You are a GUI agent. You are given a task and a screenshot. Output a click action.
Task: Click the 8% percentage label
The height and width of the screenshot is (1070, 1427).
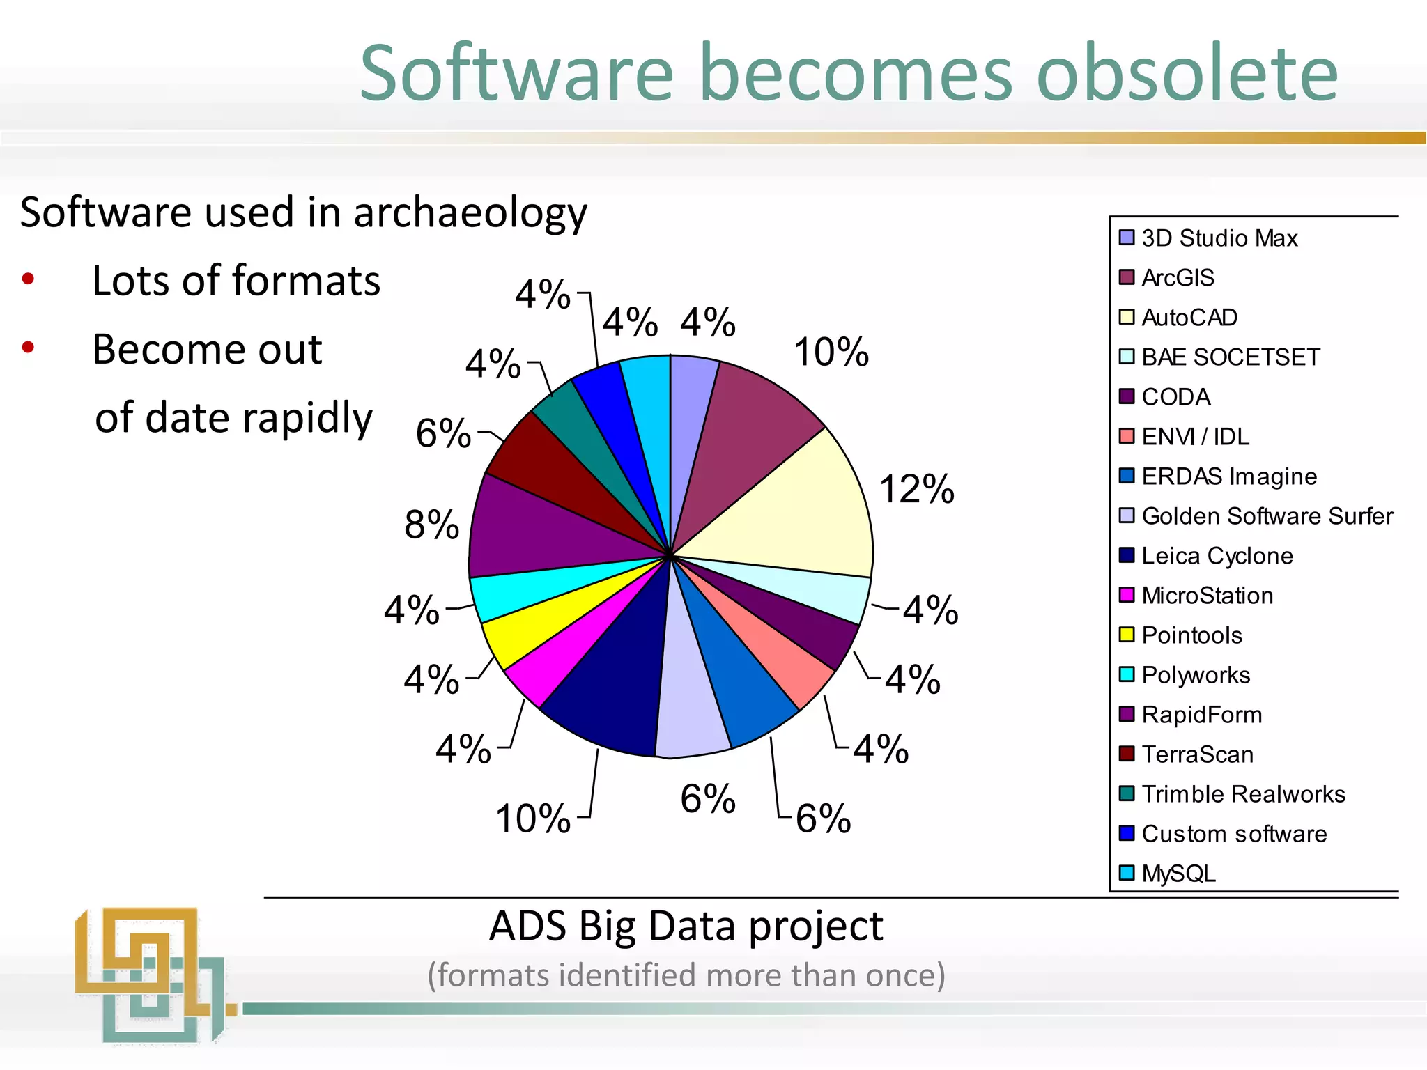(431, 525)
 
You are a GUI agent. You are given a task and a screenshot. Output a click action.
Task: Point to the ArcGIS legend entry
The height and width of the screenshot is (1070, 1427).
(1178, 278)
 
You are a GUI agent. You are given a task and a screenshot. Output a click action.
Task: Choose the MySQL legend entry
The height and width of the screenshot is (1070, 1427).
(1178, 874)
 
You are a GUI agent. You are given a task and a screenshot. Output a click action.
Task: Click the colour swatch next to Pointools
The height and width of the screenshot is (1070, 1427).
(1126, 635)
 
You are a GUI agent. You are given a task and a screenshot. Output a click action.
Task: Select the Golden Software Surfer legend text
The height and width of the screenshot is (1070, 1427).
(1267, 516)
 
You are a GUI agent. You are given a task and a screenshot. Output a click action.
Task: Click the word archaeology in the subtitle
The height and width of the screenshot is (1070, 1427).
(470, 212)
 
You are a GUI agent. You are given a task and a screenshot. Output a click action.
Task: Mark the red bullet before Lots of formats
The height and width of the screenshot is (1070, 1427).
(28, 280)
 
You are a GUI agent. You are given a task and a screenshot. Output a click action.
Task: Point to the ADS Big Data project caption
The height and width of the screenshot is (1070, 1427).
(686, 926)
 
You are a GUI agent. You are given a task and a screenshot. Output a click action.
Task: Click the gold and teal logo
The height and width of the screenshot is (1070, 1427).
(150, 975)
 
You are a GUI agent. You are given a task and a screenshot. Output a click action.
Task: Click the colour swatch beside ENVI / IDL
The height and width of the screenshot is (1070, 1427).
(1126, 436)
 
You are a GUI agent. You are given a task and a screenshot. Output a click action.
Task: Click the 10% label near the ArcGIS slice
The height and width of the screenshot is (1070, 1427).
(831, 352)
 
